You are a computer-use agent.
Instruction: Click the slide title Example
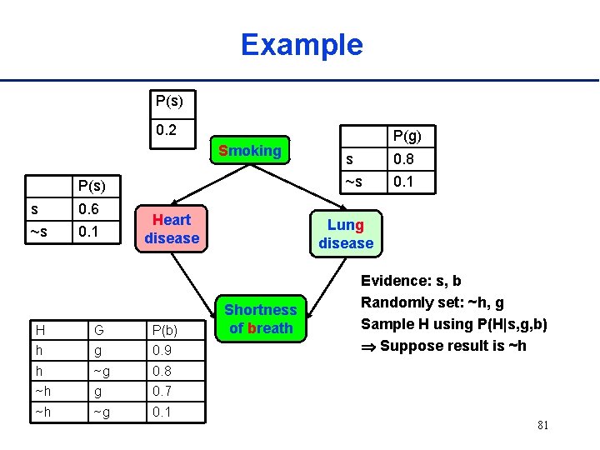[x=302, y=44]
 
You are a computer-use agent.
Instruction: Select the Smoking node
[x=249, y=151]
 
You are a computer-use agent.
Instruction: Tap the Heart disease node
[x=172, y=229]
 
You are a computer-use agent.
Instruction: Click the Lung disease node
[x=346, y=234]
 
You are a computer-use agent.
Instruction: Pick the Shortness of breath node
[x=261, y=319]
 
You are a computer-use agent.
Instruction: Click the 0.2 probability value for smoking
[x=167, y=131]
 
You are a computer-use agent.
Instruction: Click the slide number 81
[x=542, y=426]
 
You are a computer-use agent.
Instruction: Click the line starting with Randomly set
[x=432, y=302]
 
